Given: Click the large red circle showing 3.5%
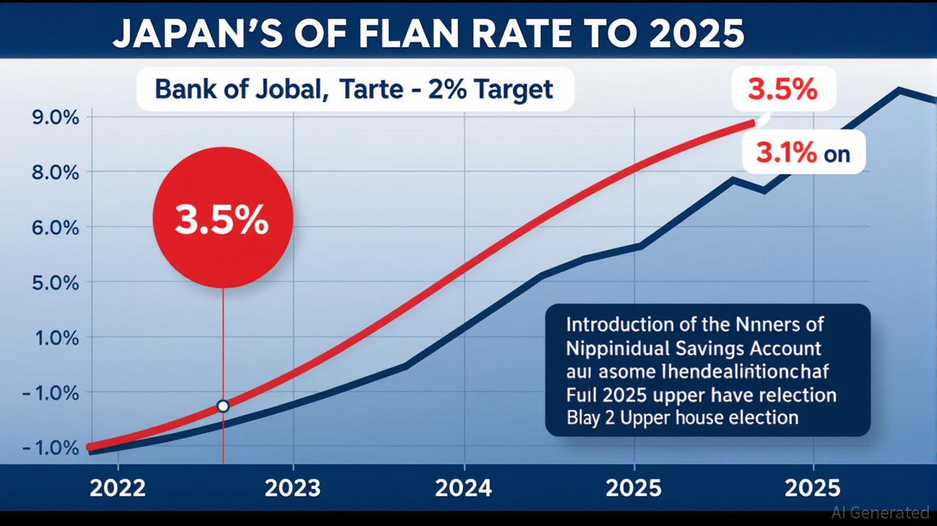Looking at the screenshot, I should (223, 218).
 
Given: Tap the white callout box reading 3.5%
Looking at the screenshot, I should (784, 89).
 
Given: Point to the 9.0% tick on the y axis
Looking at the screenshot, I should (55, 117).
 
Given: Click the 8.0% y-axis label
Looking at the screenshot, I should (55, 172).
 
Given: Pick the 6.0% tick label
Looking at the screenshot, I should (55, 227).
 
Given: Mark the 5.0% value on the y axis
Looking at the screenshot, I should (55, 282).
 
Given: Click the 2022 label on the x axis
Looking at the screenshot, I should (117, 488).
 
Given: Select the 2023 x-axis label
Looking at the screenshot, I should (292, 488).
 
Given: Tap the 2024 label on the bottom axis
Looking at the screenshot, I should (464, 488).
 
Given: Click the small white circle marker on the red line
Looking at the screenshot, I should (223, 406).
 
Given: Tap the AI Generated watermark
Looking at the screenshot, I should (880, 512).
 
